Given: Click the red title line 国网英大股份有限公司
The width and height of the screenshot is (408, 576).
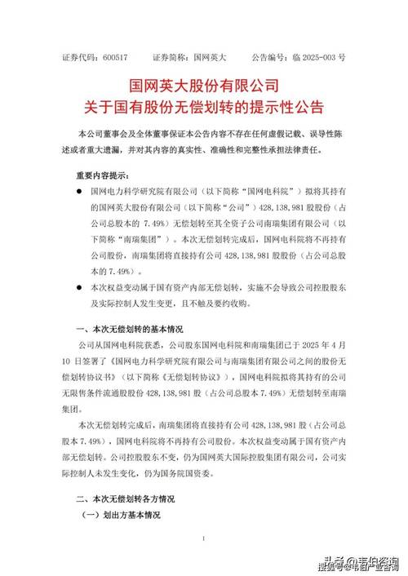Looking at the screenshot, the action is coord(204,86).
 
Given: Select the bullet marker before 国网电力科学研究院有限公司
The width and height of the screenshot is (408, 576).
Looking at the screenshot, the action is coord(78,191).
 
